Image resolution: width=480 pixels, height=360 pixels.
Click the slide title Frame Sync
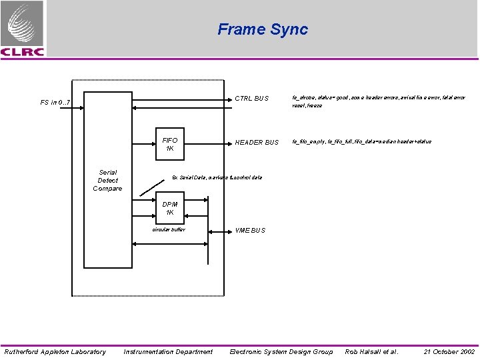tap(263, 29)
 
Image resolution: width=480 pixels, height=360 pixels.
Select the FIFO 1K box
tap(170, 145)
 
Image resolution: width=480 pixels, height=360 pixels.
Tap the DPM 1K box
tap(170, 208)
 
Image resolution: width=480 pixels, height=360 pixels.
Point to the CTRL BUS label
tap(251, 99)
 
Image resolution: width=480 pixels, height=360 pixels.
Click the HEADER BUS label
tap(257, 142)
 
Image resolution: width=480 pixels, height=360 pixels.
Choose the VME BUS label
tap(250, 231)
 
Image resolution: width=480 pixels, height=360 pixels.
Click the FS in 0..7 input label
tap(55, 103)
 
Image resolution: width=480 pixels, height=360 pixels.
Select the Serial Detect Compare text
tap(107, 181)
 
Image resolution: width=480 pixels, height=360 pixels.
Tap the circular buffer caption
tap(169, 230)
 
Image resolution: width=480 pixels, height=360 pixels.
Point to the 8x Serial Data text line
tap(217, 177)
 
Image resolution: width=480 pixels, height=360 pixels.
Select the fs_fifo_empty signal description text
tap(361, 141)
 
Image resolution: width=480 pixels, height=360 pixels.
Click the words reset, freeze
tap(307, 106)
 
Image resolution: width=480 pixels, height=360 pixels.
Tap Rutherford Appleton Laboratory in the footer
tap(55, 351)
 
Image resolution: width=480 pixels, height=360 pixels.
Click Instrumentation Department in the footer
tap(168, 351)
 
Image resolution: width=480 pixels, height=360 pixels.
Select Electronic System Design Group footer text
tap(281, 351)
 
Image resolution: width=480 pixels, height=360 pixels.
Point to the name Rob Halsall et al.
tap(371, 351)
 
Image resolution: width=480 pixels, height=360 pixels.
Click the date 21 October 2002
tap(449, 351)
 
